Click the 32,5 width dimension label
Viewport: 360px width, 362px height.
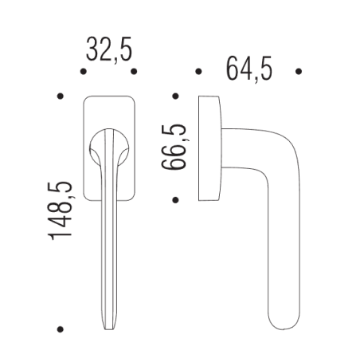tap(109, 50)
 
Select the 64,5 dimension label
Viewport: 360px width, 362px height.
tap(248, 69)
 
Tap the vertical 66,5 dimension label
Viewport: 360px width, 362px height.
tap(174, 147)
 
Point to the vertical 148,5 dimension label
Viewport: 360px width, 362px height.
tap(60, 211)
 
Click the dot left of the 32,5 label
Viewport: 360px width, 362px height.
tap(84, 71)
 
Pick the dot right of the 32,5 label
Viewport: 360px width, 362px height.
tap(134, 71)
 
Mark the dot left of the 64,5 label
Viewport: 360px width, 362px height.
tap(198, 71)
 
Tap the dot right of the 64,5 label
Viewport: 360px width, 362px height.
tap(299, 71)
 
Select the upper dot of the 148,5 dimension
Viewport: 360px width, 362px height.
tap(61, 96)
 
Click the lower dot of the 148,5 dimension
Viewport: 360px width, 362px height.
tap(61, 329)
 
